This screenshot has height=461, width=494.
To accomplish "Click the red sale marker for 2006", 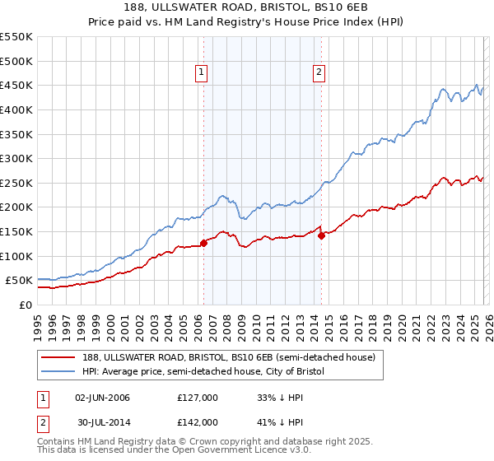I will (203, 243).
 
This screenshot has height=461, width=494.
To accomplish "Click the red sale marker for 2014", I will (321, 235).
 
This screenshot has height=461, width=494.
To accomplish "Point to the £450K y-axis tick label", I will (16, 85).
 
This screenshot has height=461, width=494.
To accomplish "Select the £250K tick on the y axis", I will (16, 183).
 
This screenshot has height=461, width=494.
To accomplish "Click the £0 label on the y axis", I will (25, 305).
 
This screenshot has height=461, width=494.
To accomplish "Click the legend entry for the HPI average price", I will (203, 372).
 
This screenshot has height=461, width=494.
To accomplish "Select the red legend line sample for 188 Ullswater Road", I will (59, 357).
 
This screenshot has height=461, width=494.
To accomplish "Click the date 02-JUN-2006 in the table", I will (103, 398).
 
